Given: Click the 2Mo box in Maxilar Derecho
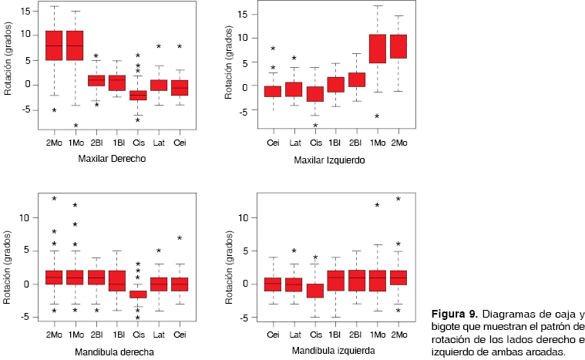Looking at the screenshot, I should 54,45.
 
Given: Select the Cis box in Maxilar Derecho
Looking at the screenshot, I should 138,95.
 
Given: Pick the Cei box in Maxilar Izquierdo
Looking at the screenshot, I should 273,91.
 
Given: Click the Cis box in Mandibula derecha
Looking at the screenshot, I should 138,294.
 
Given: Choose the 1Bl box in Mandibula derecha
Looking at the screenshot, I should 117,280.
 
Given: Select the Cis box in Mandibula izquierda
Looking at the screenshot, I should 314,291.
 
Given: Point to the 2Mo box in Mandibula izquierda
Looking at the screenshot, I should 398,278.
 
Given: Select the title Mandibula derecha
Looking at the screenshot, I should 116,352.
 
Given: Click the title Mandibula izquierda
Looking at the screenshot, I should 334,351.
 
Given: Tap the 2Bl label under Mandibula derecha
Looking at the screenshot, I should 96,333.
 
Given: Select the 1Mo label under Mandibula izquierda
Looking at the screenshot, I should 378,333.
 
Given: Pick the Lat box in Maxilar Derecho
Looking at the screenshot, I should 159,85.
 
